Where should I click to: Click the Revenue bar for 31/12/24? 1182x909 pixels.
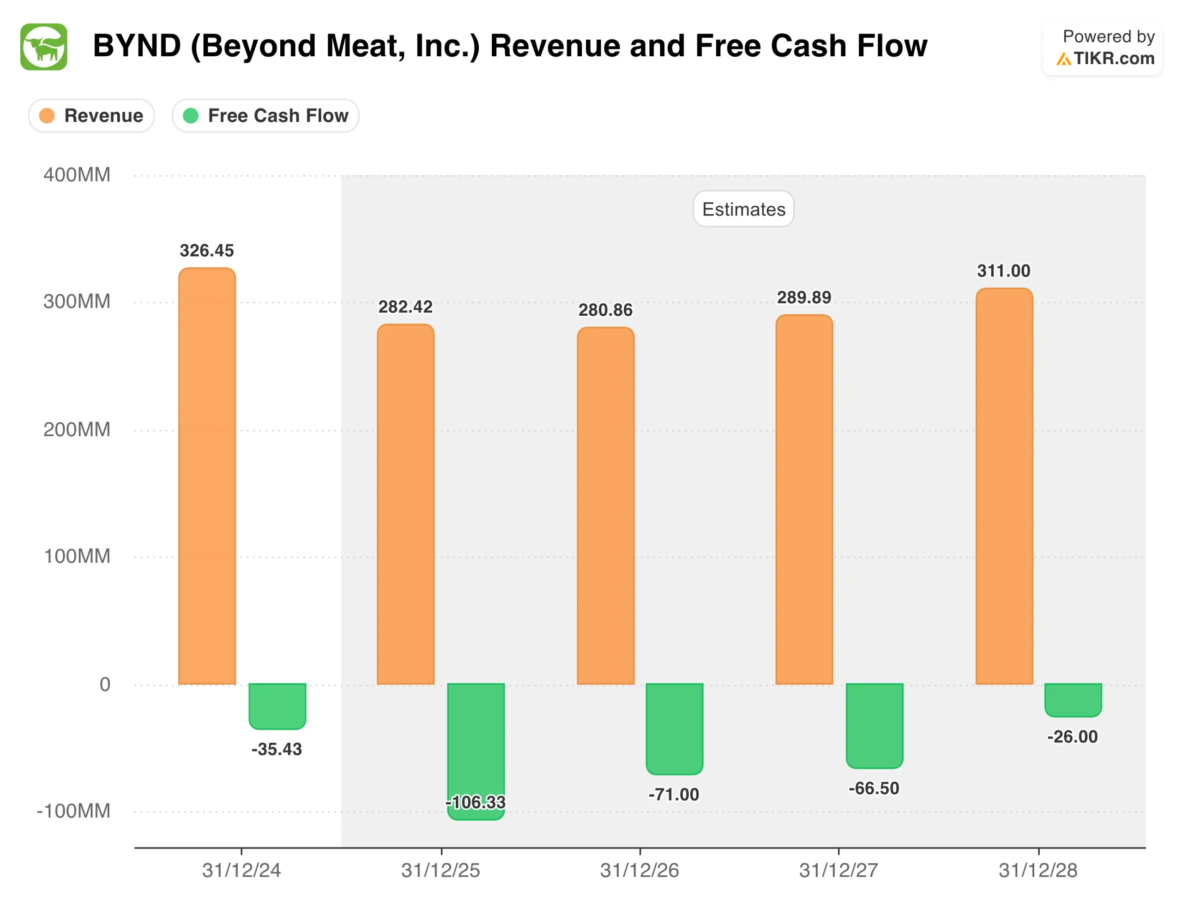(207, 476)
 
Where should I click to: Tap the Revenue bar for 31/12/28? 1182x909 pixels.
(1004, 487)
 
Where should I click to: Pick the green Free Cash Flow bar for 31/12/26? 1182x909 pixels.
(675, 728)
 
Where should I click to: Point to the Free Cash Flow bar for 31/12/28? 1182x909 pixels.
(1073, 699)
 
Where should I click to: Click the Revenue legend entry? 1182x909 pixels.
(91, 116)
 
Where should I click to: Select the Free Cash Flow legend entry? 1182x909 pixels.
(266, 116)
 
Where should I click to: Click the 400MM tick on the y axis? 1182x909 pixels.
(77, 175)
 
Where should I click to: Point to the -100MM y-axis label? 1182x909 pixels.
(73, 811)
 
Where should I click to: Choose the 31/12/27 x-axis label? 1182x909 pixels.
(838, 870)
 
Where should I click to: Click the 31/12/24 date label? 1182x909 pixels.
(241, 870)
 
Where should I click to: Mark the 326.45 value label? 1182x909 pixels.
(207, 251)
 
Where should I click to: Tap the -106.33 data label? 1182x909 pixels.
(476, 802)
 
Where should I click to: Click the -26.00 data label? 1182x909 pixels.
(1072, 736)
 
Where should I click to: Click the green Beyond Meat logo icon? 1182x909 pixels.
(44, 47)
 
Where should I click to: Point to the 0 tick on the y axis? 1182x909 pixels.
(105, 685)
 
